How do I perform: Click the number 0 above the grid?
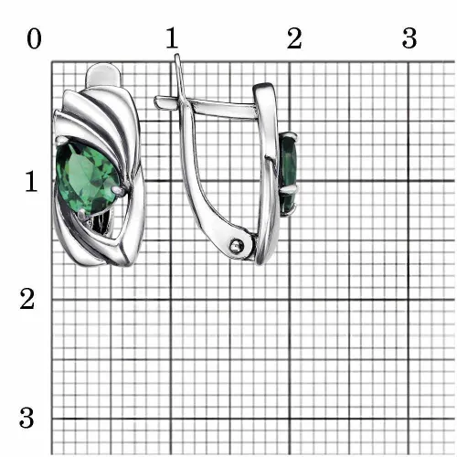[x=34, y=39]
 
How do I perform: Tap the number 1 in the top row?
[x=172, y=37]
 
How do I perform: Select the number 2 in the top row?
[x=294, y=38]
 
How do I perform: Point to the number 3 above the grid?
[x=409, y=38]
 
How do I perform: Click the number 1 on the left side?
[x=31, y=181]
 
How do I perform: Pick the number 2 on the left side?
[x=27, y=299]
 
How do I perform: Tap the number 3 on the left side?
[x=27, y=418]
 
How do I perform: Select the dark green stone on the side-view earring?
[x=287, y=174]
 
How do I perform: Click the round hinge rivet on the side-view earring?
[x=237, y=245]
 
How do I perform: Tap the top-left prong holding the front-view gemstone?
[x=62, y=141]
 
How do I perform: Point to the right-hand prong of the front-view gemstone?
[x=120, y=190]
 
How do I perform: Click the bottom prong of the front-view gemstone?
[x=82, y=215]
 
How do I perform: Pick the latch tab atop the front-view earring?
[x=104, y=75]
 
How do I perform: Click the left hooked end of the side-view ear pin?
[x=157, y=101]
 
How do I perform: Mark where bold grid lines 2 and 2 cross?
[x=290, y=300]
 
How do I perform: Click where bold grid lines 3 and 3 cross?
[x=409, y=419]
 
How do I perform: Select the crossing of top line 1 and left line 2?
[x=171, y=300]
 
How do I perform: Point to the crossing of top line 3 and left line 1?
[x=409, y=181]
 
